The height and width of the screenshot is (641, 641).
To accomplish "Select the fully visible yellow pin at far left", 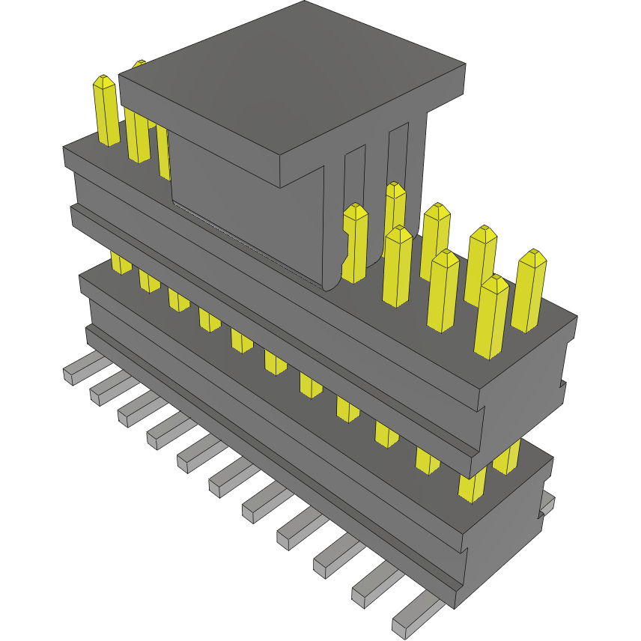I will pos(106,111).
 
